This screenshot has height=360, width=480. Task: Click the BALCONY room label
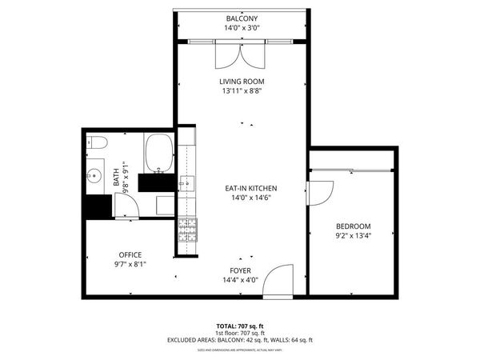pyautogui.click(x=242, y=18)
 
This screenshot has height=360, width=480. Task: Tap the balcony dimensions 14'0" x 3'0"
pyautogui.click(x=242, y=27)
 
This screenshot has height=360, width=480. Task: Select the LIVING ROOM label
pyautogui.click(x=242, y=82)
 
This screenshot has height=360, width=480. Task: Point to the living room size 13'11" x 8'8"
pyautogui.click(x=242, y=91)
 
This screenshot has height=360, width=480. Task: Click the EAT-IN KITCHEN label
pyautogui.click(x=242, y=188)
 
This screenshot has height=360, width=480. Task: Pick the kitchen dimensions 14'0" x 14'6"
pyautogui.click(x=242, y=198)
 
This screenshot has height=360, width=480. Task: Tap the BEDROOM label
pyautogui.click(x=353, y=226)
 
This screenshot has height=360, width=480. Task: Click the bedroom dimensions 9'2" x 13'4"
pyautogui.click(x=353, y=236)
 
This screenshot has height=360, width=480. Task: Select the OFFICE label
pyautogui.click(x=130, y=254)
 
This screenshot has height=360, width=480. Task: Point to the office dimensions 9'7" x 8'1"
pyautogui.click(x=130, y=264)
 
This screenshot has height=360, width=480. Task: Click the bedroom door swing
pyautogui.click(x=320, y=195)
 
